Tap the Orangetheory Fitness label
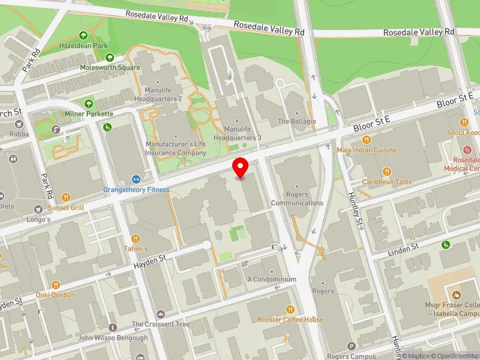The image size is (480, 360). click(136, 190)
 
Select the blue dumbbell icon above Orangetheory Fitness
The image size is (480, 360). click(136, 179)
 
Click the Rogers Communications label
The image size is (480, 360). click(298, 199)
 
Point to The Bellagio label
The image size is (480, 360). click(296, 122)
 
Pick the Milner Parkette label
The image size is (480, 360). click(89, 113)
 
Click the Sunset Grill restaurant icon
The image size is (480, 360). click(67, 197)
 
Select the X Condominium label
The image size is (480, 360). click(272, 280)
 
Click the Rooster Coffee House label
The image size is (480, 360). click(290, 320)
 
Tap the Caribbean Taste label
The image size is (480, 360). click(387, 182)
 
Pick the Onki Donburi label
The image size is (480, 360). click(55, 295)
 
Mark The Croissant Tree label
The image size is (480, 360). click(161, 325)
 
